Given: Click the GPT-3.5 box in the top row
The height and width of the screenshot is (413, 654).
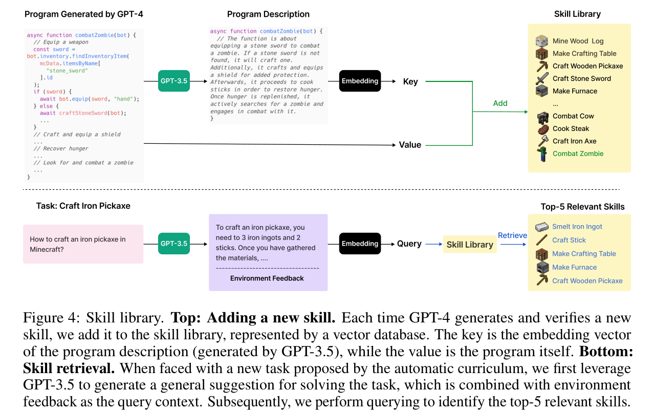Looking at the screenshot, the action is point(173,81).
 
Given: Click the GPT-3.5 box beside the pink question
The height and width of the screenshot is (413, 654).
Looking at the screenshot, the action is point(173,243).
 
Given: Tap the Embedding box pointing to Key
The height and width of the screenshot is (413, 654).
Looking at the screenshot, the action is point(360,81).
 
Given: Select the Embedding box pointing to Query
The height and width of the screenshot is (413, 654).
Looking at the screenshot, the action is point(360,243).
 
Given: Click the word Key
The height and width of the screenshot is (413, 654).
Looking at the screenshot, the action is point(410,82).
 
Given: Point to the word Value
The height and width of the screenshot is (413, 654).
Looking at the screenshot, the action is point(410,145).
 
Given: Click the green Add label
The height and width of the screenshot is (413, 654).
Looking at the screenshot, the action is point(500,103).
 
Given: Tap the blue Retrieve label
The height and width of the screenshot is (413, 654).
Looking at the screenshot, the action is point(512,235).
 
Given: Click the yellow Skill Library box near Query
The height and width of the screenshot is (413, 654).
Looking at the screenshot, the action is point(470,245).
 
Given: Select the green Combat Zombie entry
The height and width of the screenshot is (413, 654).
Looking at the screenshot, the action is point(578,154).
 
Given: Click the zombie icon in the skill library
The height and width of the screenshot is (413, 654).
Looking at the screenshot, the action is point(542,154).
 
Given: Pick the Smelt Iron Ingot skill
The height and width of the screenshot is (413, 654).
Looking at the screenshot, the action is point(577,227).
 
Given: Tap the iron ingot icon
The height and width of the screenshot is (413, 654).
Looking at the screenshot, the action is point(542,227).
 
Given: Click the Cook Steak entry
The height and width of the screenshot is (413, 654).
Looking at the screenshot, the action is point(571,128).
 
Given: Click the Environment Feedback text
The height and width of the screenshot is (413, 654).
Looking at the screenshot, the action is point(267,278).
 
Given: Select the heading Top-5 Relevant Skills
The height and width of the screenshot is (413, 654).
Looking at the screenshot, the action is point(582,207).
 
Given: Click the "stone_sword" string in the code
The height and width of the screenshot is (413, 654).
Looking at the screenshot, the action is point(67,71).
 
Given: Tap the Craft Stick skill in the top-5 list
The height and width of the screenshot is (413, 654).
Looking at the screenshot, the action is point(569,240).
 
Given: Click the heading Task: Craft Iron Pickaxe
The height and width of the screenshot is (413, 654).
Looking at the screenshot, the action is point(83,206).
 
